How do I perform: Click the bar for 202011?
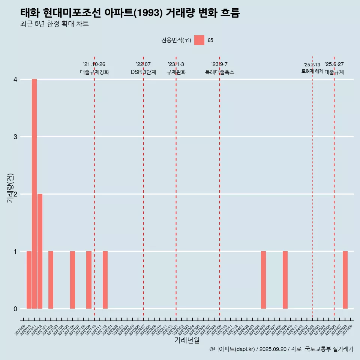pyautogui.click(x=34, y=194)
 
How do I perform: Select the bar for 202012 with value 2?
pyautogui.click(x=40, y=251)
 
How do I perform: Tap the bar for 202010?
pyautogui.click(x=29, y=280)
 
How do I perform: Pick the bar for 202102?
pyautogui.click(x=51, y=280)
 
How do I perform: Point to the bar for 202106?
pyautogui.click(x=72, y=280)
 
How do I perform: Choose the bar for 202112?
pyautogui.click(x=105, y=280)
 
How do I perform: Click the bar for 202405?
pyautogui.click(x=263, y=280)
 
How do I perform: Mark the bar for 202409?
pyautogui.click(x=285, y=280)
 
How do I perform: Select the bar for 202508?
pyautogui.click(x=345, y=280)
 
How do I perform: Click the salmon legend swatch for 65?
pyautogui.click(x=199, y=40)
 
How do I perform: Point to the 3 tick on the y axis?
pyautogui.click(x=15, y=137)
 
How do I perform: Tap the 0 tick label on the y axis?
pyautogui.click(x=15, y=309)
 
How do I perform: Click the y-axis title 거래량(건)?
pyautogui.click(x=10, y=187)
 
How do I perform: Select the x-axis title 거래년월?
pyautogui.click(x=187, y=340)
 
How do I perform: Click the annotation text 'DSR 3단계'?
pyautogui.click(x=143, y=72)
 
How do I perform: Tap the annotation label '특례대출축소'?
pyautogui.click(x=220, y=72)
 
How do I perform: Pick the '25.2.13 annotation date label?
pyautogui.click(x=312, y=65)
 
